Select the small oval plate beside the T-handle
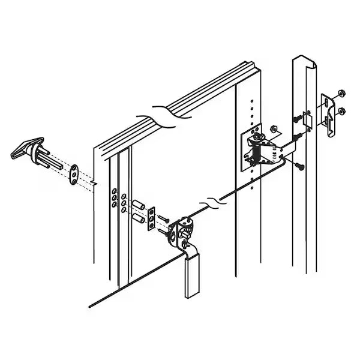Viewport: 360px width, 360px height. (x=74, y=174)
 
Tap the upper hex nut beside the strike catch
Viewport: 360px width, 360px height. (x=340, y=94)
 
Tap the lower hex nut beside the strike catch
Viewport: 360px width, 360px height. (x=341, y=111)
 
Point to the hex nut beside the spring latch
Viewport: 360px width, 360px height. (x=273, y=129)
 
